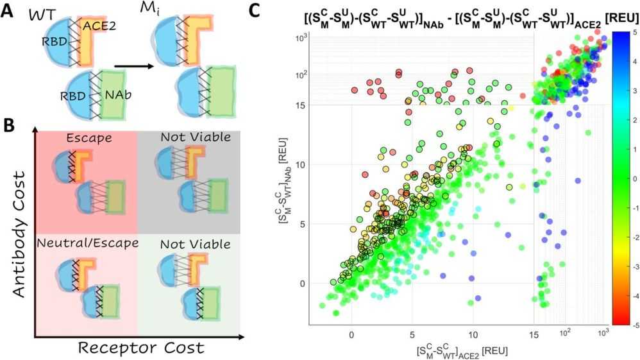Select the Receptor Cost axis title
[140, 348]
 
